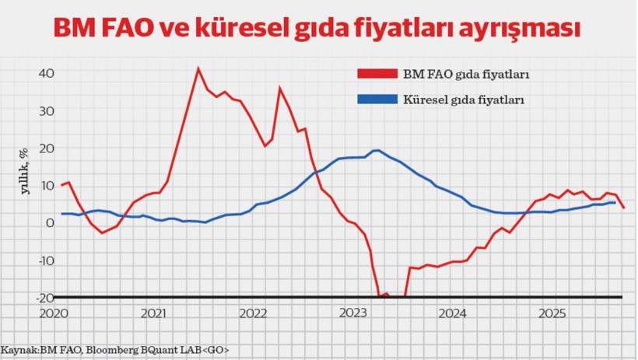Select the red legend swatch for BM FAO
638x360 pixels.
point(377,75)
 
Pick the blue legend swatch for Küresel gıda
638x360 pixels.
point(377,100)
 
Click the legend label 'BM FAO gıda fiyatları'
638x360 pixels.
point(466,75)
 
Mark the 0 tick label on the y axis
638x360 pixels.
point(50,223)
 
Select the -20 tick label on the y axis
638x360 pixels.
point(44,298)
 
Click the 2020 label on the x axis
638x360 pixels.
point(54,314)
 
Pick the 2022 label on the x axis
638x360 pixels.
point(253,314)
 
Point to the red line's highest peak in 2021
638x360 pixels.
point(198,68)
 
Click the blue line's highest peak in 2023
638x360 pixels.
point(376,150)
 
